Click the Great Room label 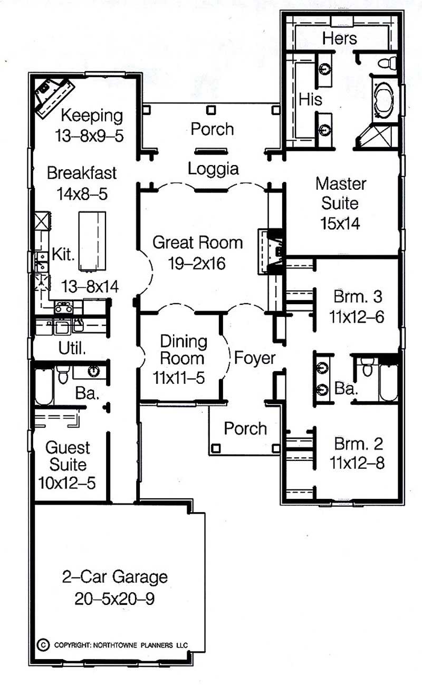197,243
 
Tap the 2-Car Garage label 114,577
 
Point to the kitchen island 92,240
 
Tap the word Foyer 255,358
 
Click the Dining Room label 183,350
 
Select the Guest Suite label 67,456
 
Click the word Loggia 213,169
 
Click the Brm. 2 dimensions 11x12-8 357,463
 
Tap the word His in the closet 311,99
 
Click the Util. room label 72,348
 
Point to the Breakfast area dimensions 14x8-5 81,194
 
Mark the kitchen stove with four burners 63,307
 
